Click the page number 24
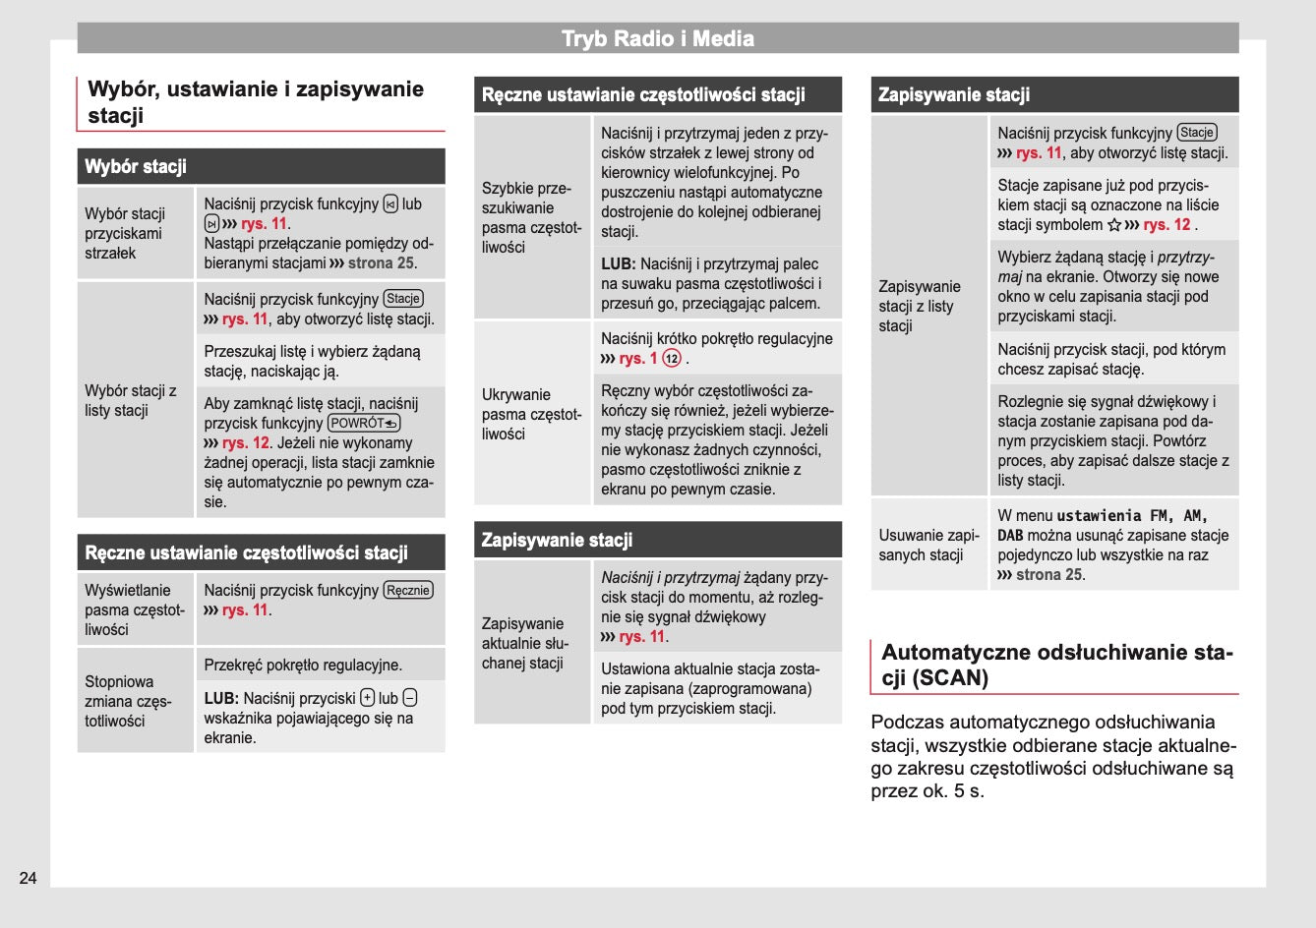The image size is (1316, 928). point(29,878)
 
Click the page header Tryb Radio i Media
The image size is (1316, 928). point(657,39)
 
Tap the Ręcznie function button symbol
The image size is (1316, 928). point(408,590)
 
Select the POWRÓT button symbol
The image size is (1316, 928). point(364,423)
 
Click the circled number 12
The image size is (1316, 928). point(672,359)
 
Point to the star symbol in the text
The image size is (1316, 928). point(1114,225)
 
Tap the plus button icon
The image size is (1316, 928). point(367,698)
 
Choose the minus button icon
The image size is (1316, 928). point(410,698)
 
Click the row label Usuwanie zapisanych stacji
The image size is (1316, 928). point(927,545)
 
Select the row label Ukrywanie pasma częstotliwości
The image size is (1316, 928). point(531,414)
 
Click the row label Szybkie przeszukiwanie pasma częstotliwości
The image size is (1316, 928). point(531,217)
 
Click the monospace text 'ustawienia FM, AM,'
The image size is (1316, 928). point(1132,515)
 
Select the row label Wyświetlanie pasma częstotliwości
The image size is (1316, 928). point(134,609)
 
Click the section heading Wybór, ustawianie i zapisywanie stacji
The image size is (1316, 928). point(255,102)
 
